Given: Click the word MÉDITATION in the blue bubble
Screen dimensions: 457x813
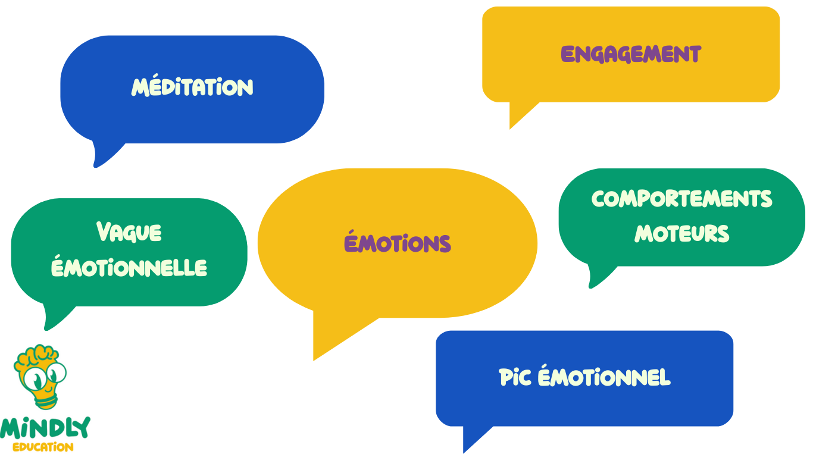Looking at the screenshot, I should (x=192, y=87).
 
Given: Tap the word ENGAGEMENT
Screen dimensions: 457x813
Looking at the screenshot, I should (x=631, y=54).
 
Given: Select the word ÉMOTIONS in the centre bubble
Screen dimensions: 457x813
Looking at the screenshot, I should (x=398, y=243).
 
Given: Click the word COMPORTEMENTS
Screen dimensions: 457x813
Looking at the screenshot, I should (x=681, y=199).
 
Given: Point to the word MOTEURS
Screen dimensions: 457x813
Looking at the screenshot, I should (x=681, y=233).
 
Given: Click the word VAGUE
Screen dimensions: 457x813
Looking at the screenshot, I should (x=129, y=232).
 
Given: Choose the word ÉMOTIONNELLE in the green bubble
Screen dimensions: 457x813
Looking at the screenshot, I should (x=129, y=267).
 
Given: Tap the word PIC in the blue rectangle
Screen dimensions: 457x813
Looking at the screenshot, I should (x=515, y=377).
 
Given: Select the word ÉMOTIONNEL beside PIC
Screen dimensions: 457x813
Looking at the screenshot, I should (x=604, y=377).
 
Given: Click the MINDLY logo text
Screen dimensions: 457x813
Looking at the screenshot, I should (x=45, y=428).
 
